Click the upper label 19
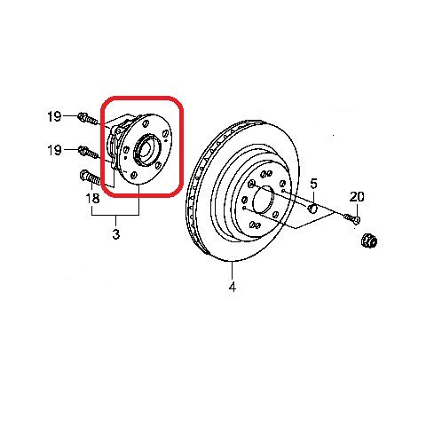[x=54, y=116]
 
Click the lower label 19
[x=54, y=150]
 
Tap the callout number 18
[x=92, y=198]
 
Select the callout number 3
[x=116, y=234]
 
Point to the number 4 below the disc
[x=233, y=287]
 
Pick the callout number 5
[x=313, y=184]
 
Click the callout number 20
[x=357, y=197]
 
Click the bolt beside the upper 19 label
[x=88, y=118]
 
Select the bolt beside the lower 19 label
[x=88, y=152]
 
